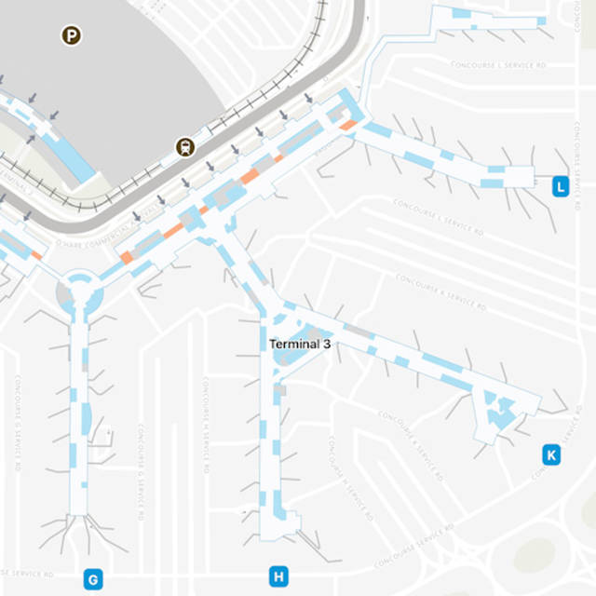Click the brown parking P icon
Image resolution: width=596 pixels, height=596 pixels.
[x=71, y=35]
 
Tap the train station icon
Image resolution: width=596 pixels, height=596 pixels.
[x=186, y=146]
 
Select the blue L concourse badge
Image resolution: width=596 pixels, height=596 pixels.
[x=560, y=186]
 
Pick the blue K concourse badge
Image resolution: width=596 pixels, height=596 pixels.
[x=551, y=454]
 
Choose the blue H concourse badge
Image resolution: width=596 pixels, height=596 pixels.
[x=278, y=576]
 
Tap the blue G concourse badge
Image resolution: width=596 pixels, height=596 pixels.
[x=92, y=579]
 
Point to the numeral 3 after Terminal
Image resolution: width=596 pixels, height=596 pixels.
[x=327, y=344]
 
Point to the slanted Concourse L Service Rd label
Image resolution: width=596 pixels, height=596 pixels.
[x=438, y=216]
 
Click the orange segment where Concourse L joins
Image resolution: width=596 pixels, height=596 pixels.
[x=349, y=124]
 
